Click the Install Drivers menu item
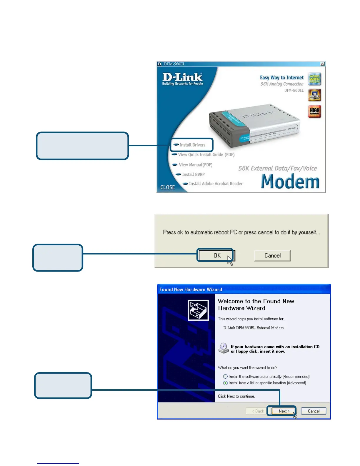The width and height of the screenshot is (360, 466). [192, 145]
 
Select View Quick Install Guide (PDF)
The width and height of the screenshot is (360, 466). [206, 154]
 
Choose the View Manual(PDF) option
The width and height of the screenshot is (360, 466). [195, 165]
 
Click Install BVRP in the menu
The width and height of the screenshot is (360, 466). [193, 174]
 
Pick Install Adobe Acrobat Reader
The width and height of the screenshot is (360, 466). [215, 184]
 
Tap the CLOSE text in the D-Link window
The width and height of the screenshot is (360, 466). [167, 187]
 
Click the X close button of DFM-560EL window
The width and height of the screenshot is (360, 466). [322, 64]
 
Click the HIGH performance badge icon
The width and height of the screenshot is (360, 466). [314, 111]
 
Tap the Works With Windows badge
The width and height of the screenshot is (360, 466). [314, 79]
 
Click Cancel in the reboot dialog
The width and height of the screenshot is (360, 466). [272, 255]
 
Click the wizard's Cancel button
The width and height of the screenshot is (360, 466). [314, 411]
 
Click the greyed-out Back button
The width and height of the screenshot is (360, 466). [258, 411]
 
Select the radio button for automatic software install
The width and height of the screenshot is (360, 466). [225, 377]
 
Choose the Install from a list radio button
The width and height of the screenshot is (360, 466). [225, 383]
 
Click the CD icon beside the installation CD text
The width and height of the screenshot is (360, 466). [224, 348]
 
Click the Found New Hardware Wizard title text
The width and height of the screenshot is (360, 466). [191, 289]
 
